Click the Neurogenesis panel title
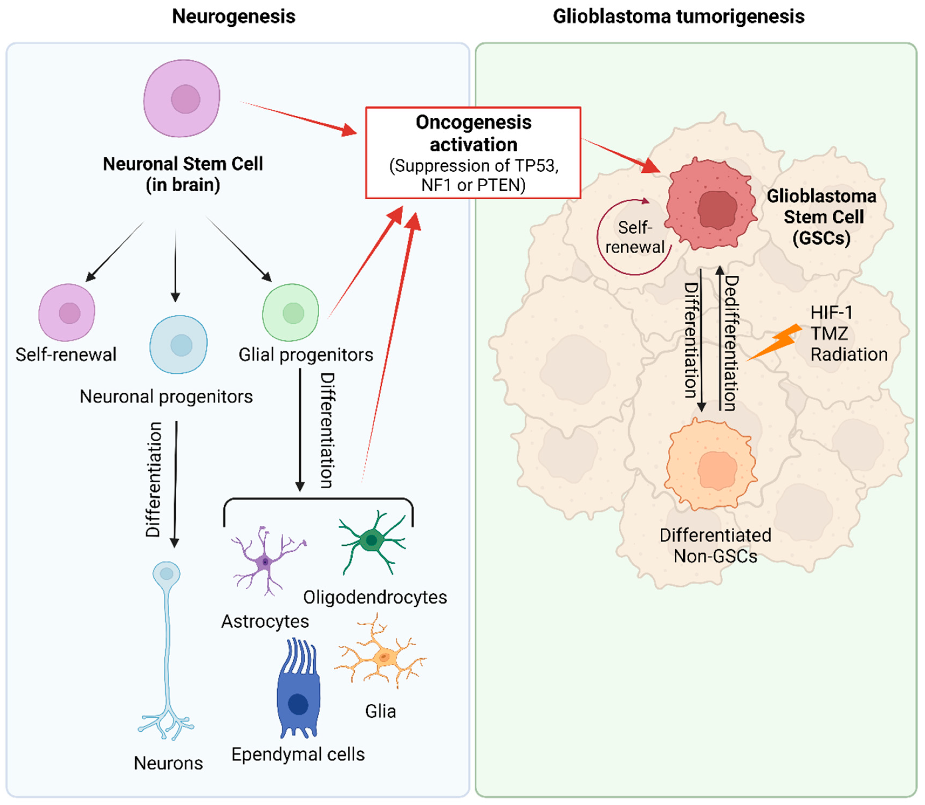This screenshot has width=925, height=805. [234, 17]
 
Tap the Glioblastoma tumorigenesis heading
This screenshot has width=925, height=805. [678, 17]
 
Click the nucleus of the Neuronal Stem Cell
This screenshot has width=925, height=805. [185, 99]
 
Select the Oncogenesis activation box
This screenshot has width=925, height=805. [473, 153]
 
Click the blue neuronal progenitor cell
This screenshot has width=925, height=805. [179, 345]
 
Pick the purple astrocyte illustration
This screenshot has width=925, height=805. [266, 562]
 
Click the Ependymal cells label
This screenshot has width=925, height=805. [298, 754]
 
